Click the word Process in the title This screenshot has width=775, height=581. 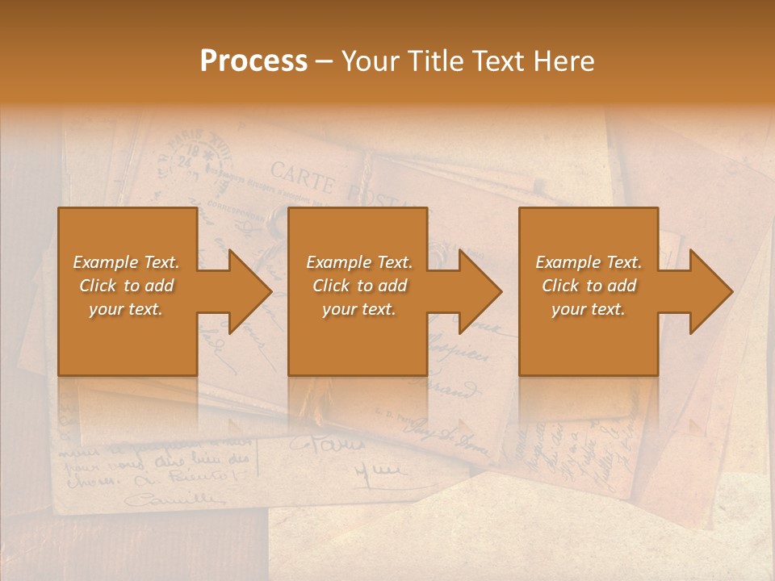253,61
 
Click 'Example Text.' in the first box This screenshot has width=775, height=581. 127,262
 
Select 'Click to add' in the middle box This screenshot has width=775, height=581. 359,286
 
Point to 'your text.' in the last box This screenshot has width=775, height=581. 588,309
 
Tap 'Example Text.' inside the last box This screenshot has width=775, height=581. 589,262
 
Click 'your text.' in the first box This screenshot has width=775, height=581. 126,309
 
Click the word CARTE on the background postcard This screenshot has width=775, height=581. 302,177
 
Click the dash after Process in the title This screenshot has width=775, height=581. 324,62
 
